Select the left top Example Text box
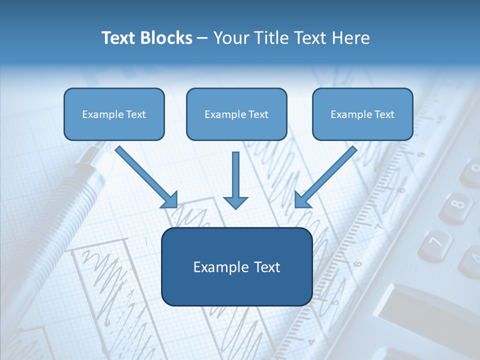114,114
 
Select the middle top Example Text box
236,114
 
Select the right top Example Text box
362,114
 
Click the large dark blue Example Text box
236,267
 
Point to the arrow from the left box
145,175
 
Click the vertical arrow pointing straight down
235,180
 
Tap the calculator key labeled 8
457,205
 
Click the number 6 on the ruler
357,263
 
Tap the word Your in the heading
229,38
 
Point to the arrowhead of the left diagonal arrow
170,200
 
